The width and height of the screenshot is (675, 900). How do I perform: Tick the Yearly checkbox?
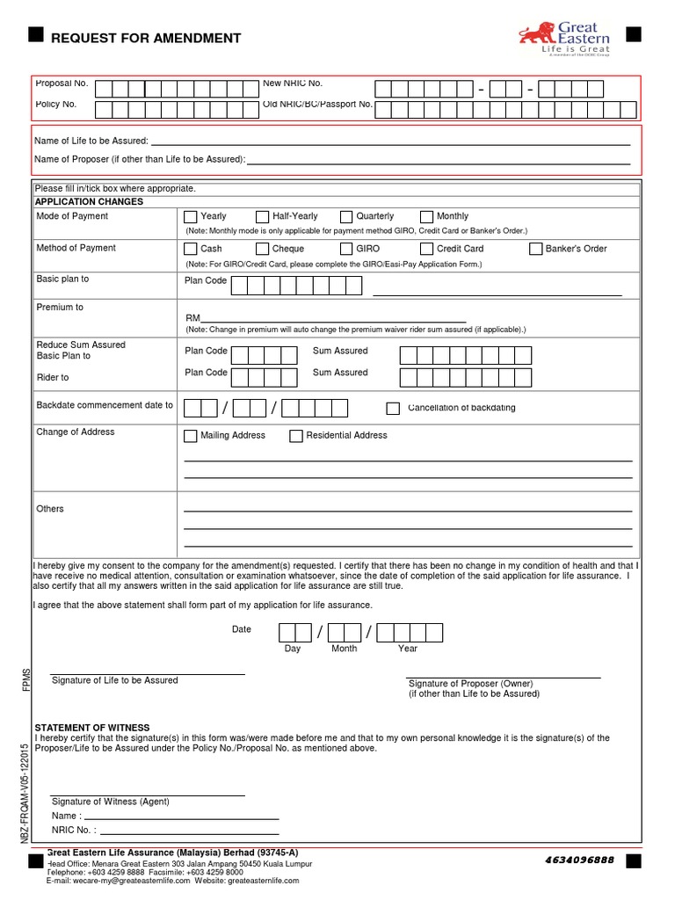click(191, 217)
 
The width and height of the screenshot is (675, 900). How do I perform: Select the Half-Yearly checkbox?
click(263, 217)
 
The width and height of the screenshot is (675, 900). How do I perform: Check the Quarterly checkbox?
click(346, 217)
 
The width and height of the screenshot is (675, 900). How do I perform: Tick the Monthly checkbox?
click(427, 217)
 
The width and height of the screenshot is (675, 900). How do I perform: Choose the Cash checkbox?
click(191, 250)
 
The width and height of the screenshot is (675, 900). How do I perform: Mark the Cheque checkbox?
click(263, 250)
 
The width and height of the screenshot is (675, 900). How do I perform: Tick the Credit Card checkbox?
click(427, 250)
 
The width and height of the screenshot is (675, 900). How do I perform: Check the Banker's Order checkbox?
click(536, 250)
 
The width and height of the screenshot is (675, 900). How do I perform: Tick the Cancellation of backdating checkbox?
click(393, 408)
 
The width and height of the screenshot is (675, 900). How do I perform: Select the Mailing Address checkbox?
click(191, 436)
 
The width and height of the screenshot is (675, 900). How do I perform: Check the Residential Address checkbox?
click(296, 436)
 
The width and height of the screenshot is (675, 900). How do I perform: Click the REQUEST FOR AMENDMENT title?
click(146, 39)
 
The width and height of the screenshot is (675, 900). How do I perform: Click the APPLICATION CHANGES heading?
click(89, 202)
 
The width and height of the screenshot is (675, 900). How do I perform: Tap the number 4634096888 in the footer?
click(579, 859)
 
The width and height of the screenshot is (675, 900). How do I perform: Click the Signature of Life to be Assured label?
click(115, 680)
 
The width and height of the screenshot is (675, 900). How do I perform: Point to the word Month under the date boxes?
click(344, 649)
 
